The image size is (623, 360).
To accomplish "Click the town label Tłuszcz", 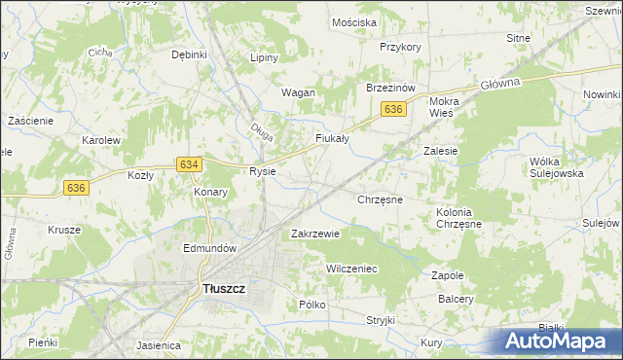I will [x=222, y=289].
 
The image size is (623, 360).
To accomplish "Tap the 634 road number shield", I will [x=190, y=165].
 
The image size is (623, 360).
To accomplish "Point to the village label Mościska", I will [x=353, y=21].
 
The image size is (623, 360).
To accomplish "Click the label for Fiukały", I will [x=332, y=138].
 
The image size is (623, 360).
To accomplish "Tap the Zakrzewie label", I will [x=315, y=234].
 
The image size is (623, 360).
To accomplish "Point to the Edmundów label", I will [x=210, y=248].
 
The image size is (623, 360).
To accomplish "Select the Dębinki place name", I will [x=190, y=54].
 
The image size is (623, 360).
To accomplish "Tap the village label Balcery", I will [x=456, y=300].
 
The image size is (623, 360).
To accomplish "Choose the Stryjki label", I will [x=380, y=320].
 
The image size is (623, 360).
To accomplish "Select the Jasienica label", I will [x=160, y=344].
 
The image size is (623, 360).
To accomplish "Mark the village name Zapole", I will [x=447, y=275].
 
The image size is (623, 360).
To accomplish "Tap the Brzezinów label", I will [x=390, y=87].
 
